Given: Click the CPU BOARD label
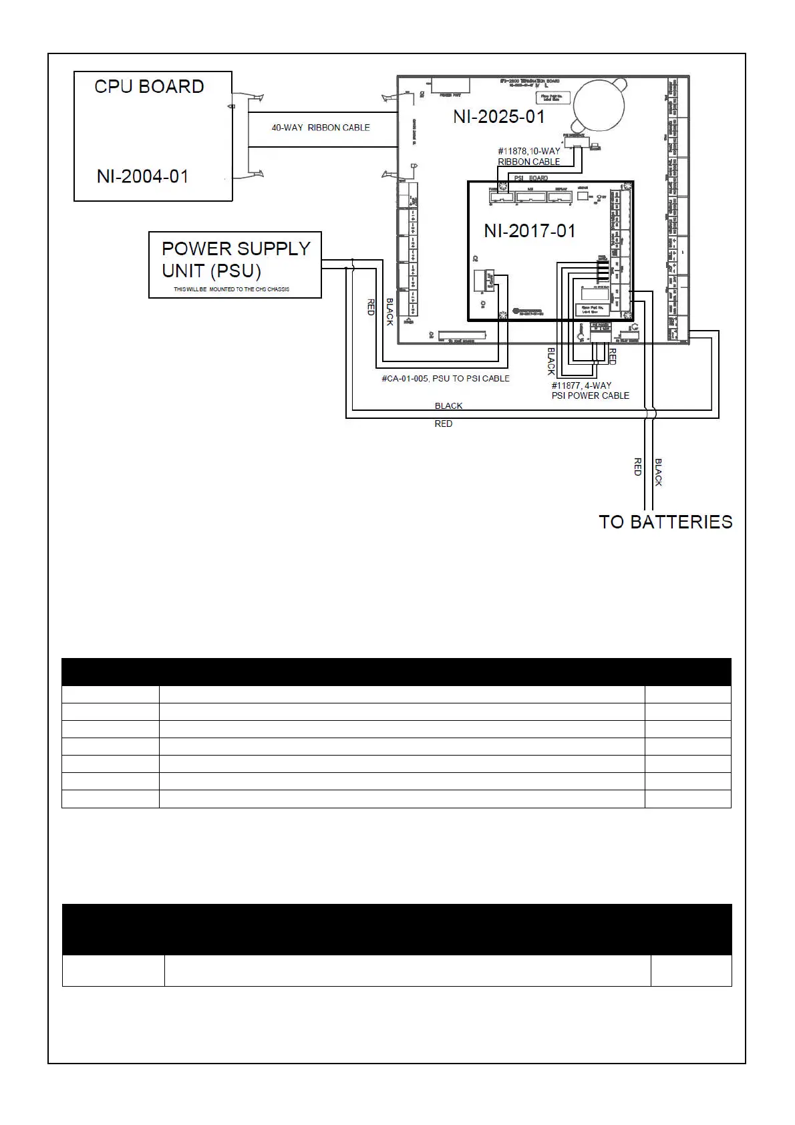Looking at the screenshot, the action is click(x=149, y=87).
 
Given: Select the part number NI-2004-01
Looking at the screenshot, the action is click(x=142, y=176).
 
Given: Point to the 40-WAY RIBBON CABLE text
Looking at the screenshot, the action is click(x=320, y=128).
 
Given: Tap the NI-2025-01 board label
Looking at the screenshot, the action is click(x=498, y=117).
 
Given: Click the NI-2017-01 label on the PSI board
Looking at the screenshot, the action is click(x=529, y=231).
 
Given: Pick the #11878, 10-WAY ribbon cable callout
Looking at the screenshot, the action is click(x=528, y=156).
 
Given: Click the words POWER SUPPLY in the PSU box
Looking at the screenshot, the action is click(x=236, y=249).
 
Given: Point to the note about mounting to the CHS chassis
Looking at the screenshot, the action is click(x=231, y=289).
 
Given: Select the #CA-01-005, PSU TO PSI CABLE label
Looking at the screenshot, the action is click(x=445, y=379).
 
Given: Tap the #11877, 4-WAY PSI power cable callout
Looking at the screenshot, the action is click(x=590, y=390).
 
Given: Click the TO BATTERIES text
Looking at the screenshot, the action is click(x=665, y=522).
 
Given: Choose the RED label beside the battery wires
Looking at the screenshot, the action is click(x=637, y=466).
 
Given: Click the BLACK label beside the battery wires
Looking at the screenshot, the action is click(x=658, y=472).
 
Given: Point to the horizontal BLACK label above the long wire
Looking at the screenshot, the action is click(x=448, y=406).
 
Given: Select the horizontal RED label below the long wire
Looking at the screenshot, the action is click(x=443, y=424).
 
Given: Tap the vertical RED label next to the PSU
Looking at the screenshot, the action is click(x=371, y=307).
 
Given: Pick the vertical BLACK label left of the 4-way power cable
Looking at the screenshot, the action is click(x=551, y=361).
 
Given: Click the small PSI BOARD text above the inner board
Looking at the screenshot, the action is click(x=530, y=178).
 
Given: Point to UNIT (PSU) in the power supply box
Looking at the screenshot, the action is click(x=211, y=271).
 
